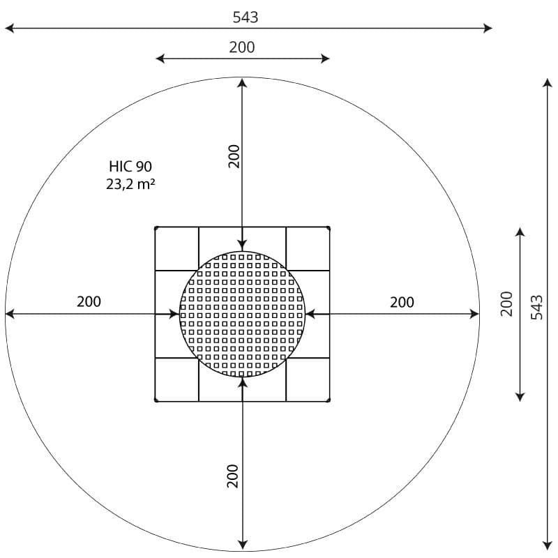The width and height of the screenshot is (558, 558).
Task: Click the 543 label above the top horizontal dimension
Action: point(246,17)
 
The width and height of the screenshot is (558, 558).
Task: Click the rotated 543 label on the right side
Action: point(536,308)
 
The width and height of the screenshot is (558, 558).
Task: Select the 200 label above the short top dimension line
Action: point(241,47)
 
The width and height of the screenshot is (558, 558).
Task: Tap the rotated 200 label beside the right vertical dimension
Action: point(506,303)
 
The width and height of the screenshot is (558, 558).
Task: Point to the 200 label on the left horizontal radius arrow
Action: point(89,301)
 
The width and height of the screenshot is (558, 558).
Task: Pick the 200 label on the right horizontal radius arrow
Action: point(402,302)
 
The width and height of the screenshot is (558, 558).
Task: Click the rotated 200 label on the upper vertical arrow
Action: point(234,156)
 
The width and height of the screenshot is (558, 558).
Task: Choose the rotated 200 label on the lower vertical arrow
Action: point(232,476)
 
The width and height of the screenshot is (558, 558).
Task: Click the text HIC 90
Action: point(130,166)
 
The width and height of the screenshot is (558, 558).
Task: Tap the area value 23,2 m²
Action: point(130,184)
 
